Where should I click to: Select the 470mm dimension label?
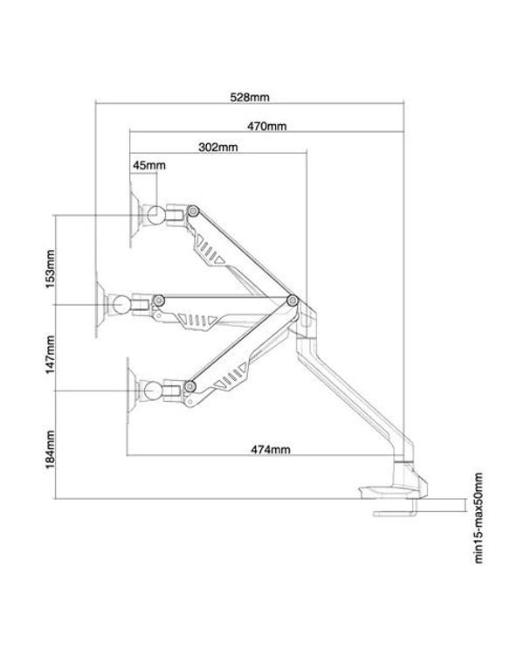coord(266,126)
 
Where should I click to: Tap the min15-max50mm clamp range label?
coord(479,519)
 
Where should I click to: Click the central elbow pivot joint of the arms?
coord(292,301)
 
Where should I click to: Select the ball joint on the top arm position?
coord(155,214)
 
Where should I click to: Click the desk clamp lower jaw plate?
coord(396,513)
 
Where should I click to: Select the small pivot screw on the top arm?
coord(192,211)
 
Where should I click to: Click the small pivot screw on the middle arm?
coord(159,300)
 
